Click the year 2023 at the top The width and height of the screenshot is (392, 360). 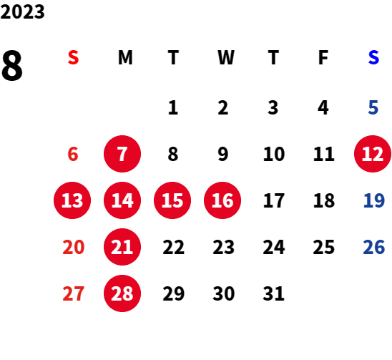(x=22, y=11)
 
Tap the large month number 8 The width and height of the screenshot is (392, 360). (x=12, y=65)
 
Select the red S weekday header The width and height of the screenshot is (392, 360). (x=73, y=57)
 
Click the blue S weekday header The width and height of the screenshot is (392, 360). (x=373, y=57)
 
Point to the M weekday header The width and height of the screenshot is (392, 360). (x=125, y=57)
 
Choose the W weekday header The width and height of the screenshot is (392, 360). (x=226, y=57)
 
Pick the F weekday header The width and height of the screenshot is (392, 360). (x=323, y=57)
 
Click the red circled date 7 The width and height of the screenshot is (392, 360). (x=122, y=154)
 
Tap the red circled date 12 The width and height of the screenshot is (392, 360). (x=373, y=154)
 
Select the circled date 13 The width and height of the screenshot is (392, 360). (x=72, y=200)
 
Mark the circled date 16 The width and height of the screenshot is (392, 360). (x=222, y=200)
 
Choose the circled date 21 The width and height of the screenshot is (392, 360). (x=122, y=247)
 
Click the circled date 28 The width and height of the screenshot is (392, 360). (x=122, y=293)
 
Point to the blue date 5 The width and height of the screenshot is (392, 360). (x=373, y=107)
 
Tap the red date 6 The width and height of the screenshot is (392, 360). (x=73, y=154)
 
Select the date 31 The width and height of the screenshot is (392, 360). (x=273, y=293)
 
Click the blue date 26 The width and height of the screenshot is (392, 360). (x=373, y=247)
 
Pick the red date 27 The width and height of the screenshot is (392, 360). (x=73, y=293)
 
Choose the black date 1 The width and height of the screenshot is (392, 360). (x=173, y=107)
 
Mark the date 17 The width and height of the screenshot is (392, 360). (x=274, y=200)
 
